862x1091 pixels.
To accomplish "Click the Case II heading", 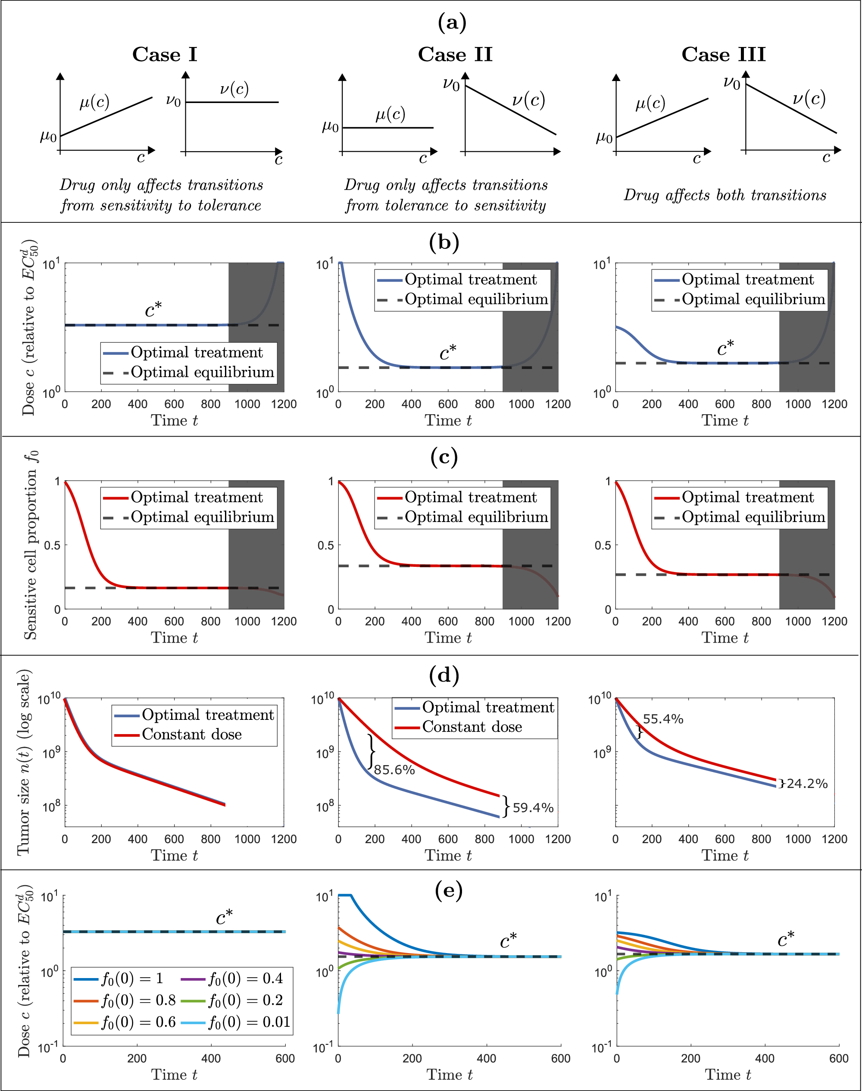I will point(455,54).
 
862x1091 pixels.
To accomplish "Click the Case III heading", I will point(723,54).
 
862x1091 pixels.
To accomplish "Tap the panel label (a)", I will point(452,23).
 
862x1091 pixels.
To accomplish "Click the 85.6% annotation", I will point(394,769).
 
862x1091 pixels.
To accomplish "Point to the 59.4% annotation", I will point(533,807).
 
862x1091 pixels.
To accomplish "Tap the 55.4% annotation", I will point(662,719).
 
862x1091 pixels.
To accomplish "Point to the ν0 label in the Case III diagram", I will point(731,82).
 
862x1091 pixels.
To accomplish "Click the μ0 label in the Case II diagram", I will point(331,127).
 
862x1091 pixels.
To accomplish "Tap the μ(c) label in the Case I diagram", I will point(94,103).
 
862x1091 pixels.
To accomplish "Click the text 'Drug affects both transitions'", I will point(725,195).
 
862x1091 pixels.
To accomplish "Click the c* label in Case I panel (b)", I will point(153,309).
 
